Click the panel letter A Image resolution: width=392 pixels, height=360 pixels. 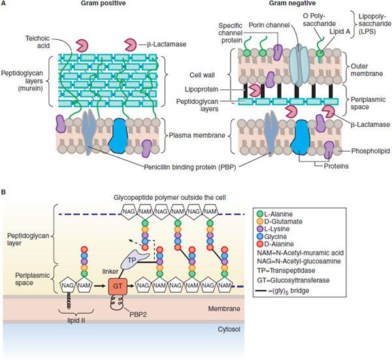click(5, 5)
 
